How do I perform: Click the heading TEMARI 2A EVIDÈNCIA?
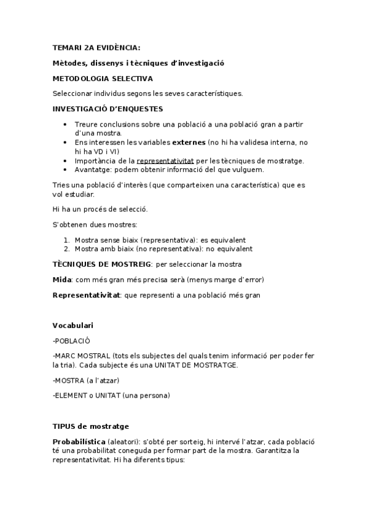96,47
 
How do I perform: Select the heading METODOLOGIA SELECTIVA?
103,79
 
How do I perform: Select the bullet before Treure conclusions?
66,124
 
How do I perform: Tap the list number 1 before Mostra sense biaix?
66,240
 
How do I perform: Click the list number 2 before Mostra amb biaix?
66,249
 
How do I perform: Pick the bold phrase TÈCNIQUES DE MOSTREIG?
102,264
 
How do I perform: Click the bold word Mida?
63,280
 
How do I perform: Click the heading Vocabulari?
73,324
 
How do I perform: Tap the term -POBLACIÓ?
74,340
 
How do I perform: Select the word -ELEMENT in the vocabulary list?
71,395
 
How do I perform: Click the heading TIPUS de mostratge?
91,426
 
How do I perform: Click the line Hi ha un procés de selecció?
100,209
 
